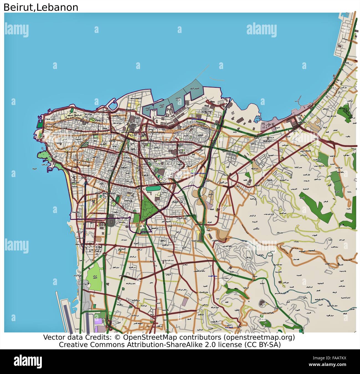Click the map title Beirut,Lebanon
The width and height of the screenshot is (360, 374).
coord(41,7)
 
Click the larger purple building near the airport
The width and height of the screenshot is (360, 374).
coord(98,321)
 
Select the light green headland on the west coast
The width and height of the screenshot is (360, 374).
coord(46,157)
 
